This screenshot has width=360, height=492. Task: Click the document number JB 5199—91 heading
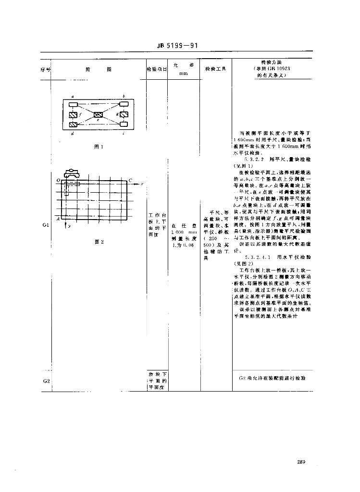tap(177, 47)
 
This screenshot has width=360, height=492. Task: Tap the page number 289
tap(301, 462)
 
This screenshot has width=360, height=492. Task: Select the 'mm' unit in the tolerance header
tap(183, 74)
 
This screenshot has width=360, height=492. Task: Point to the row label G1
tap(46, 225)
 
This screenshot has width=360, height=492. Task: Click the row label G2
tap(46, 381)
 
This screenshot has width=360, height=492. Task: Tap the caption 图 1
tap(99, 147)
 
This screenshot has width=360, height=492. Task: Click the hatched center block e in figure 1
tap(99, 115)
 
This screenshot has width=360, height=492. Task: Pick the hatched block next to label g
tap(124, 115)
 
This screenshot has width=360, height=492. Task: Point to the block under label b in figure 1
tap(124, 103)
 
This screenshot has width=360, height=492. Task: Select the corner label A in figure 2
tap(59, 219)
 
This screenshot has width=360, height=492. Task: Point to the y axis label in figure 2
tap(69, 225)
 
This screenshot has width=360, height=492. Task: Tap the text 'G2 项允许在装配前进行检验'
tap(272, 379)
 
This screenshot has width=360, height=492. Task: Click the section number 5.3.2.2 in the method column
tap(254, 158)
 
